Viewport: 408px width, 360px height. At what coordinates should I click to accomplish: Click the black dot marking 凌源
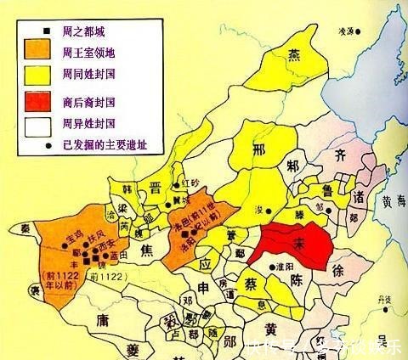click(x=359, y=31)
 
